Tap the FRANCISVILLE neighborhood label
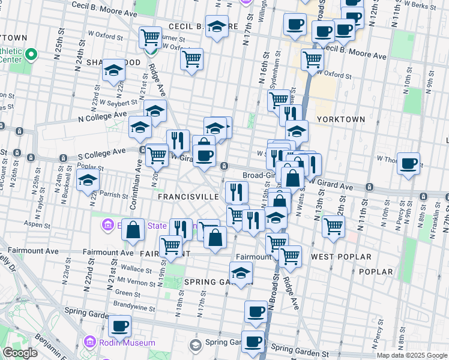188,197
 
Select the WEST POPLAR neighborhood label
341,257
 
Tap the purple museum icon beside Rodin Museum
90,342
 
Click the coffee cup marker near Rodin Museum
119,326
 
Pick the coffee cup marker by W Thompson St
408,163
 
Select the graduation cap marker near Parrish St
88,180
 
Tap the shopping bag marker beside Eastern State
133,230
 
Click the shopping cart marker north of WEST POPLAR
333,227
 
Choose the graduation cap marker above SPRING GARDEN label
241,272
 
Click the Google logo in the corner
20,353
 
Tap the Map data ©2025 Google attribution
411,355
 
